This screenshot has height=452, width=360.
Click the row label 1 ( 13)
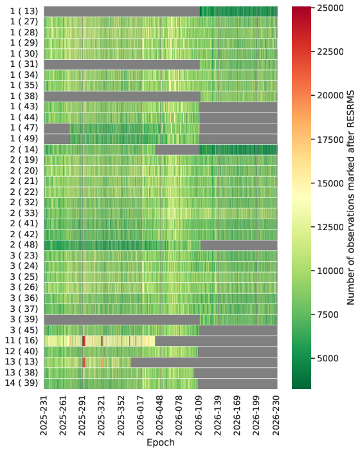click(x=24, y=11)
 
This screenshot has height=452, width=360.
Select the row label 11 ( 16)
click(x=21, y=340)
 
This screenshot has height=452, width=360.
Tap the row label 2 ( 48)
click(x=24, y=244)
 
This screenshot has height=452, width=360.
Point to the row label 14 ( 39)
click(x=21, y=383)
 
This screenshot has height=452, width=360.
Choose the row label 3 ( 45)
click(x=24, y=330)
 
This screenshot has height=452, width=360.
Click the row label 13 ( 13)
click(x=21, y=361)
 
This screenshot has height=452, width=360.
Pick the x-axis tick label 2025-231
click(x=44, y=415)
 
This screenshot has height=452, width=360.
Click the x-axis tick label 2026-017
click(x=141, y=415)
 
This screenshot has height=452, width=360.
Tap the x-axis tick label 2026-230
click(x=276, y=415)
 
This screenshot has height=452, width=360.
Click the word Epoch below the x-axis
click(x=161, y=442)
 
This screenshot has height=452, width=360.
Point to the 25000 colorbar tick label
click(x=330, y=8)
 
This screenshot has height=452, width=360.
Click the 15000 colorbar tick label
click(x=330, y=183)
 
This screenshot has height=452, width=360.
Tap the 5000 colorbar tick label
click(x=328, y=358)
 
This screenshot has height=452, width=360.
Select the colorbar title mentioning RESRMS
click(x=350, y=198)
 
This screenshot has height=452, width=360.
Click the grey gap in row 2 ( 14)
click(x=177, y=150)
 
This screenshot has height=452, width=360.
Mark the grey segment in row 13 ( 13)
click(x=204, y=362)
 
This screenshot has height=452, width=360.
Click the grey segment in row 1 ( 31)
click(x=122, y=64)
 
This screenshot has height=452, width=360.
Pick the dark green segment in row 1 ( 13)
click(x=239, y=11)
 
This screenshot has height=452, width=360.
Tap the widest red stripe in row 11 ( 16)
click(x=84, y=341)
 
